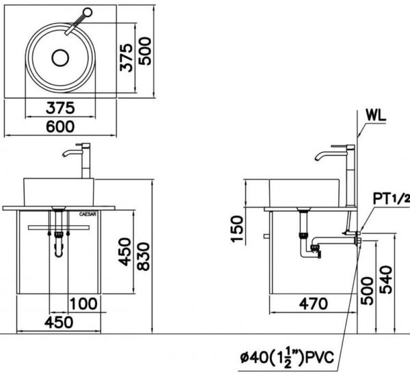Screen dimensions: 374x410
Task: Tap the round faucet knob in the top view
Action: (x=87, y=12)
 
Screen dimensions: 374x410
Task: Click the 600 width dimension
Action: (x=60, y=126)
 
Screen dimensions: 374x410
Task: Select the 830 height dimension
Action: (x=145, y=255)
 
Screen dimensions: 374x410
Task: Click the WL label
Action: (x=377, y=115)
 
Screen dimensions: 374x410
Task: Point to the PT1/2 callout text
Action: (x=390, y=199)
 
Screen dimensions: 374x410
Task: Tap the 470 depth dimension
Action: (x=312, y=302)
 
